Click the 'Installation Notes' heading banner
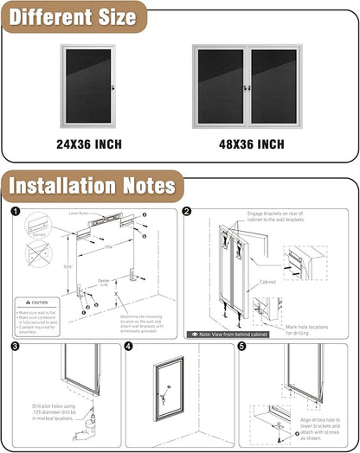click(x=92, y=185)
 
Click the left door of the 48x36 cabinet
click(x=221, y=86)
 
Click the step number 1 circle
click(x=16, y=211)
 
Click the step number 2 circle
click(x=188, y=211)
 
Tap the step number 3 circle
click(x=16, y=347)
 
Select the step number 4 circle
click(x=129, y=347)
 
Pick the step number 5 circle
click(x=242, y=347)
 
